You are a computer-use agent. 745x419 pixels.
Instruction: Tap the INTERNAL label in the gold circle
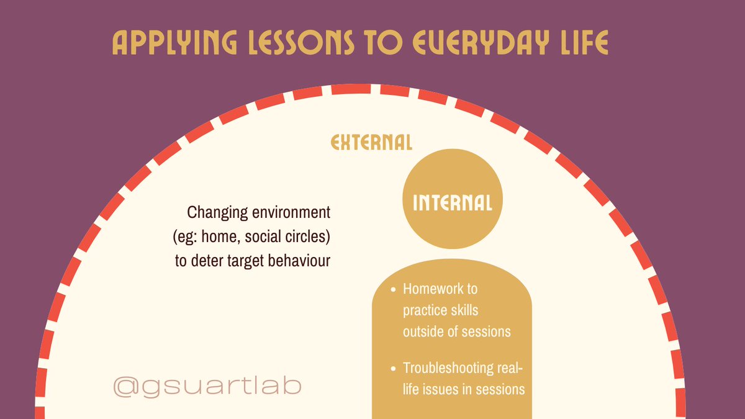(x=452, y=203)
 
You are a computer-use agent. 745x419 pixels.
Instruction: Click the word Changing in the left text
(x=214, y=213)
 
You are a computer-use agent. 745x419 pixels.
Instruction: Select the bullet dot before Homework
(x=394, y=290)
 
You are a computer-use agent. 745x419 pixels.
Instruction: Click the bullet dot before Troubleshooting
(x=394, y=369)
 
